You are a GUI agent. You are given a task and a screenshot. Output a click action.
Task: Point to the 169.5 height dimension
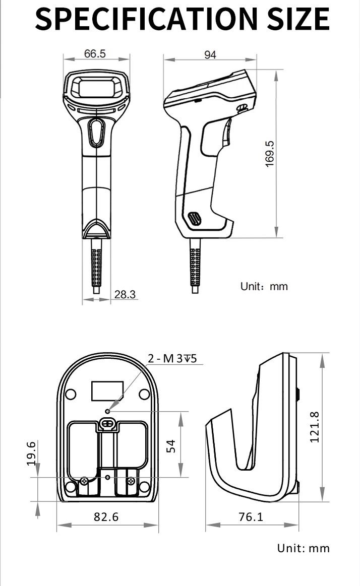pyautogui.click(x=270, y=154)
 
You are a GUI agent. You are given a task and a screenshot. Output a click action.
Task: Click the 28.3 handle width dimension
pyautogui.click(x=125, y=294)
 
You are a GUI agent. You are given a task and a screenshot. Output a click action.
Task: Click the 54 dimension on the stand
pyautogui.click(x=171, y=445)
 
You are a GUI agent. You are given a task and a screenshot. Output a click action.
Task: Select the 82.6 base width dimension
pyautogui.click(x=106, y=516)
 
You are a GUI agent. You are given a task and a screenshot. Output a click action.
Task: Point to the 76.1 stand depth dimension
pyautogui.click(x=251, y=516)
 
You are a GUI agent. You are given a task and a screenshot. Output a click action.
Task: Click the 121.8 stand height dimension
pyautogui.click(x=314, y=427)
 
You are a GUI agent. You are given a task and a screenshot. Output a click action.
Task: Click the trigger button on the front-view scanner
pyautogui.click(x=96, y=132)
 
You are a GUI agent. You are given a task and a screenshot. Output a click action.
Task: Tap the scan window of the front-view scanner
pyautogui.click(x=96, y=88)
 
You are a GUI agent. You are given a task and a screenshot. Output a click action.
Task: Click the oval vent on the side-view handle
pyautogui.click(x=194, y=218)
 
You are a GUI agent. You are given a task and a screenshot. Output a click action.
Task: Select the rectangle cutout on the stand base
pyautogui.click(x=107, y=391)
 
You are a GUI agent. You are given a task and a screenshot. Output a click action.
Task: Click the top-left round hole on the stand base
pyautogui.click(x=71, y=394)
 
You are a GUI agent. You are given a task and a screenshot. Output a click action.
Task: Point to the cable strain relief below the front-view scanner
pyautogui.click(x=96, y=267)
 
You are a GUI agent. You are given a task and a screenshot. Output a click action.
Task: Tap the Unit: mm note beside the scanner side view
pyautogui.click(x=264, y=287)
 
